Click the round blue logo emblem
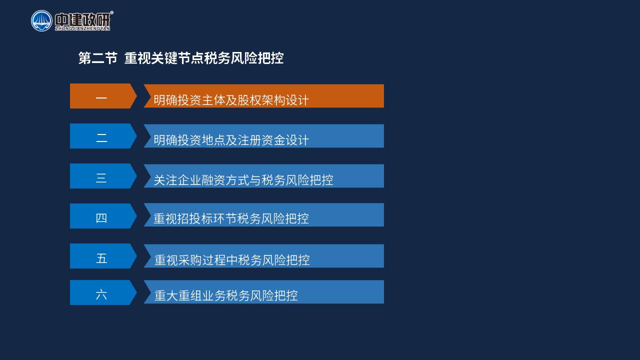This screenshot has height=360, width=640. pyautogui.click(x=41, y=21)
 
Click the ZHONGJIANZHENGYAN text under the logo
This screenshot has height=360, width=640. pyautogui.click(x=82, y=28)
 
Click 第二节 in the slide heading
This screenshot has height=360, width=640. pyautogui.click(x=97, y=58)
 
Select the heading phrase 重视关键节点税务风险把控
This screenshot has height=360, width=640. pyautogui.click(x=204, y=58)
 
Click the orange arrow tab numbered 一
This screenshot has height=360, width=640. pyautogui.click(x=103, y=96)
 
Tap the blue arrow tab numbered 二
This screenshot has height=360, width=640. pyautogui.click(x=103, y=136)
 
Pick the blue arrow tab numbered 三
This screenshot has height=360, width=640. pyautogui.click(x=103, y=176)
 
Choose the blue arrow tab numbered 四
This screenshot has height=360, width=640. pyautogui.click(x=103, y=216)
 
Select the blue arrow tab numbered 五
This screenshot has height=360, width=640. pyautogui.click(x=103, y=256)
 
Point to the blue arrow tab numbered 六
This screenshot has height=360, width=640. pyautogui.click(x=103, y=292)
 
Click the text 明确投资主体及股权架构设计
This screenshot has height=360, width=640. pyautogui.click(x=231, y=100)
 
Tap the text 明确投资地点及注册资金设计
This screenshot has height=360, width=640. pyautogui.click(x=231, y=140)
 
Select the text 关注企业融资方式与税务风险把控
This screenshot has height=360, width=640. pyautogui.click(x=243, y=180)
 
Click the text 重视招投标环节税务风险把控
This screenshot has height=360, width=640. pyautogui.click(x=231, y=218)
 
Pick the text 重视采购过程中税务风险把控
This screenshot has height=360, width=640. pyautogui.click(x=232, y=260)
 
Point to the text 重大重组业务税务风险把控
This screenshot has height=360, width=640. pyautogui.click(x=226, y=295)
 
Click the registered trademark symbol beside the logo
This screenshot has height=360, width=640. pyautogui.click(x=111, y=12)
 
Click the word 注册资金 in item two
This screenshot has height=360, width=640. pyautogui.click(x=261, y=140)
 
